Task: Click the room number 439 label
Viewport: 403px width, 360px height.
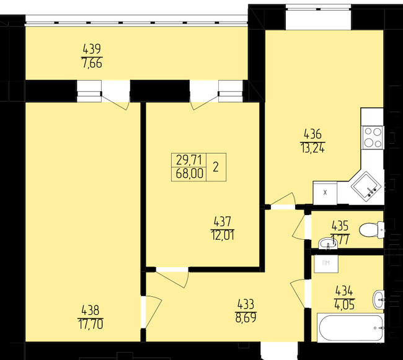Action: click(92, 49)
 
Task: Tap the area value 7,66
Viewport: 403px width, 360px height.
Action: click(92, 63)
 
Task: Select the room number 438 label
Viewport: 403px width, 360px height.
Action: click(91, 310)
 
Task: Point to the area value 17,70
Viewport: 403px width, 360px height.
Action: click(91, 324)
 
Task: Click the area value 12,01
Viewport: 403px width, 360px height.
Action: click(223, 235)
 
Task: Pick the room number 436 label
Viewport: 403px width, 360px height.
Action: click(312, 134)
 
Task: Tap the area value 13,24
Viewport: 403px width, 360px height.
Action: click(312, 148)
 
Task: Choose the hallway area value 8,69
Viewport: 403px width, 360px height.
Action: click(246, 318)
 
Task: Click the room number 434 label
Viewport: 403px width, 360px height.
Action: click(344, 291)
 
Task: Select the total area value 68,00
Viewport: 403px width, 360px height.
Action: click(189, 173)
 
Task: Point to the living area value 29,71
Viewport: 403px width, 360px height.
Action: click(189, 160)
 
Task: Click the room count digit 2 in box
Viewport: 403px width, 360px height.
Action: click(216, 167)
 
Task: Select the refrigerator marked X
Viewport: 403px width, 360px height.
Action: click(325, 193)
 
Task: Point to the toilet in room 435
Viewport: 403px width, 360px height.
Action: click(371, 229)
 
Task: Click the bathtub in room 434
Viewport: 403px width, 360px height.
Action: click(351, 328)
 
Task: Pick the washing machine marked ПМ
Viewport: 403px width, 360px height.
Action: click(326, 263)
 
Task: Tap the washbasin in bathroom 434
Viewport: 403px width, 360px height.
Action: click(378, 300)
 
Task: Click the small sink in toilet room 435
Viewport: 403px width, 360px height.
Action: click(327, 244)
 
